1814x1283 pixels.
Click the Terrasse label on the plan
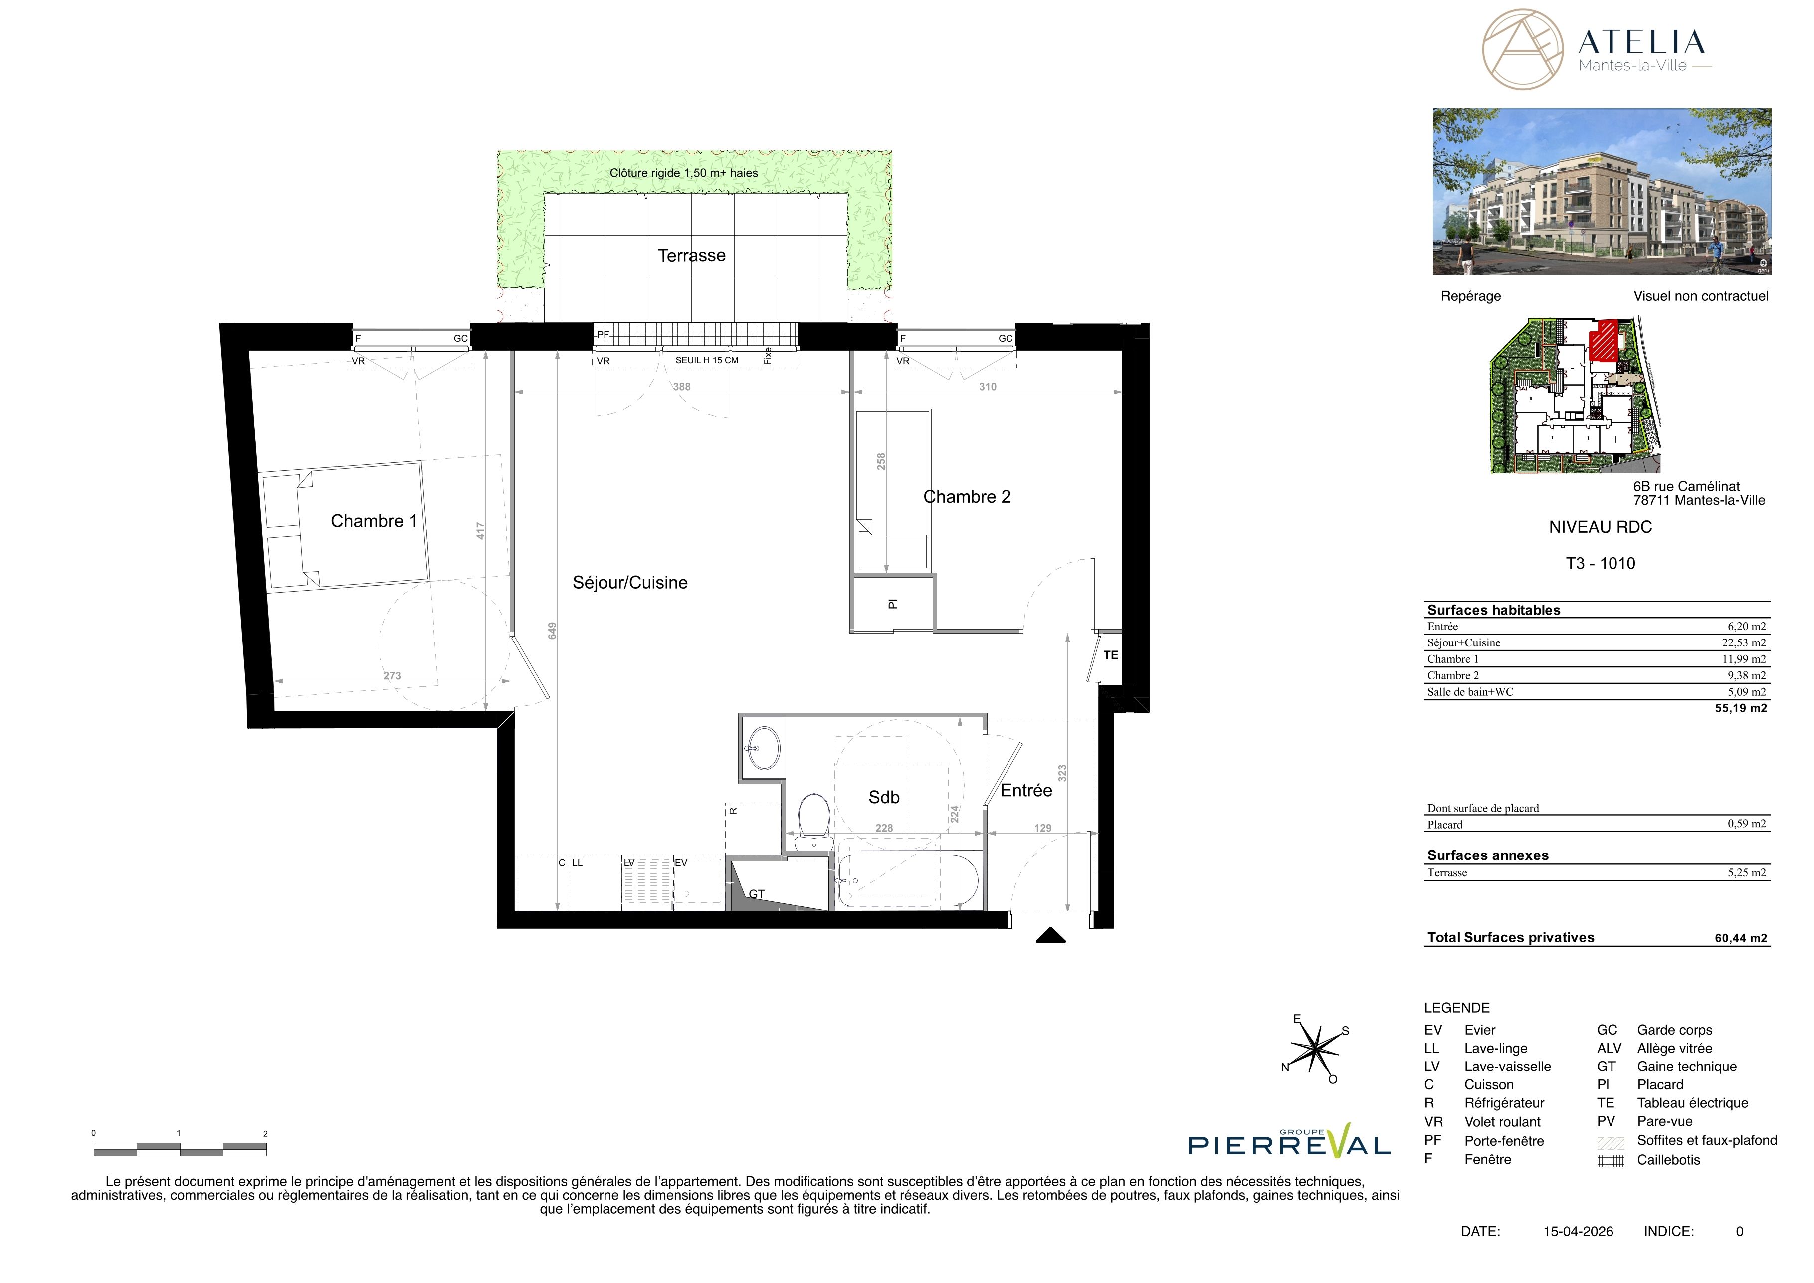691,255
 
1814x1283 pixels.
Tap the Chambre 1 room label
374,521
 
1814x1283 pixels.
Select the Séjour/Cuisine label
629,582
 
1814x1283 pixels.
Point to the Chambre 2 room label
967,496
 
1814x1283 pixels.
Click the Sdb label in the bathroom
884,797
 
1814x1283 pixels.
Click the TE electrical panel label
1111,655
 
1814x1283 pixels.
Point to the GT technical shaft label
757,894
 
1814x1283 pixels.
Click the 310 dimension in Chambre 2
988,386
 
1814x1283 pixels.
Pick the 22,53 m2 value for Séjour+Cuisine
1744,642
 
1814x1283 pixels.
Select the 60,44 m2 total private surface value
1741,938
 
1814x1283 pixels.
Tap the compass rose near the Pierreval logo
1315,1049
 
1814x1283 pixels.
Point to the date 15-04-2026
1578,1231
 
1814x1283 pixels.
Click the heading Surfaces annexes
1488,855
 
